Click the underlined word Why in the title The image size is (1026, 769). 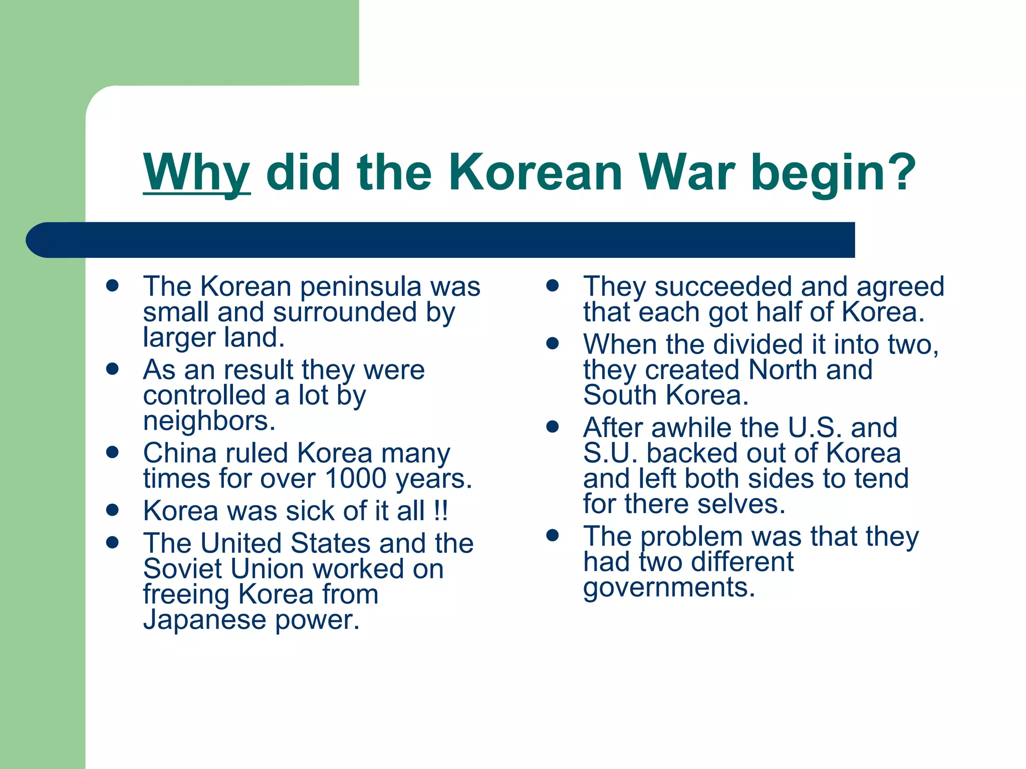click(x=196, y=173)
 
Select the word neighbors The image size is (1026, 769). click(x=209, y=421)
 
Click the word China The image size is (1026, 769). click(x=179, y=453)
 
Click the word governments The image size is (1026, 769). click(x=669, y=587)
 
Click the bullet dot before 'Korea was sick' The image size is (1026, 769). click(x=112, y=510)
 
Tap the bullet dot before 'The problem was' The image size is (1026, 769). click(x=552, y=536)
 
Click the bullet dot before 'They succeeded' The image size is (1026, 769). click(x=552, y=286)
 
